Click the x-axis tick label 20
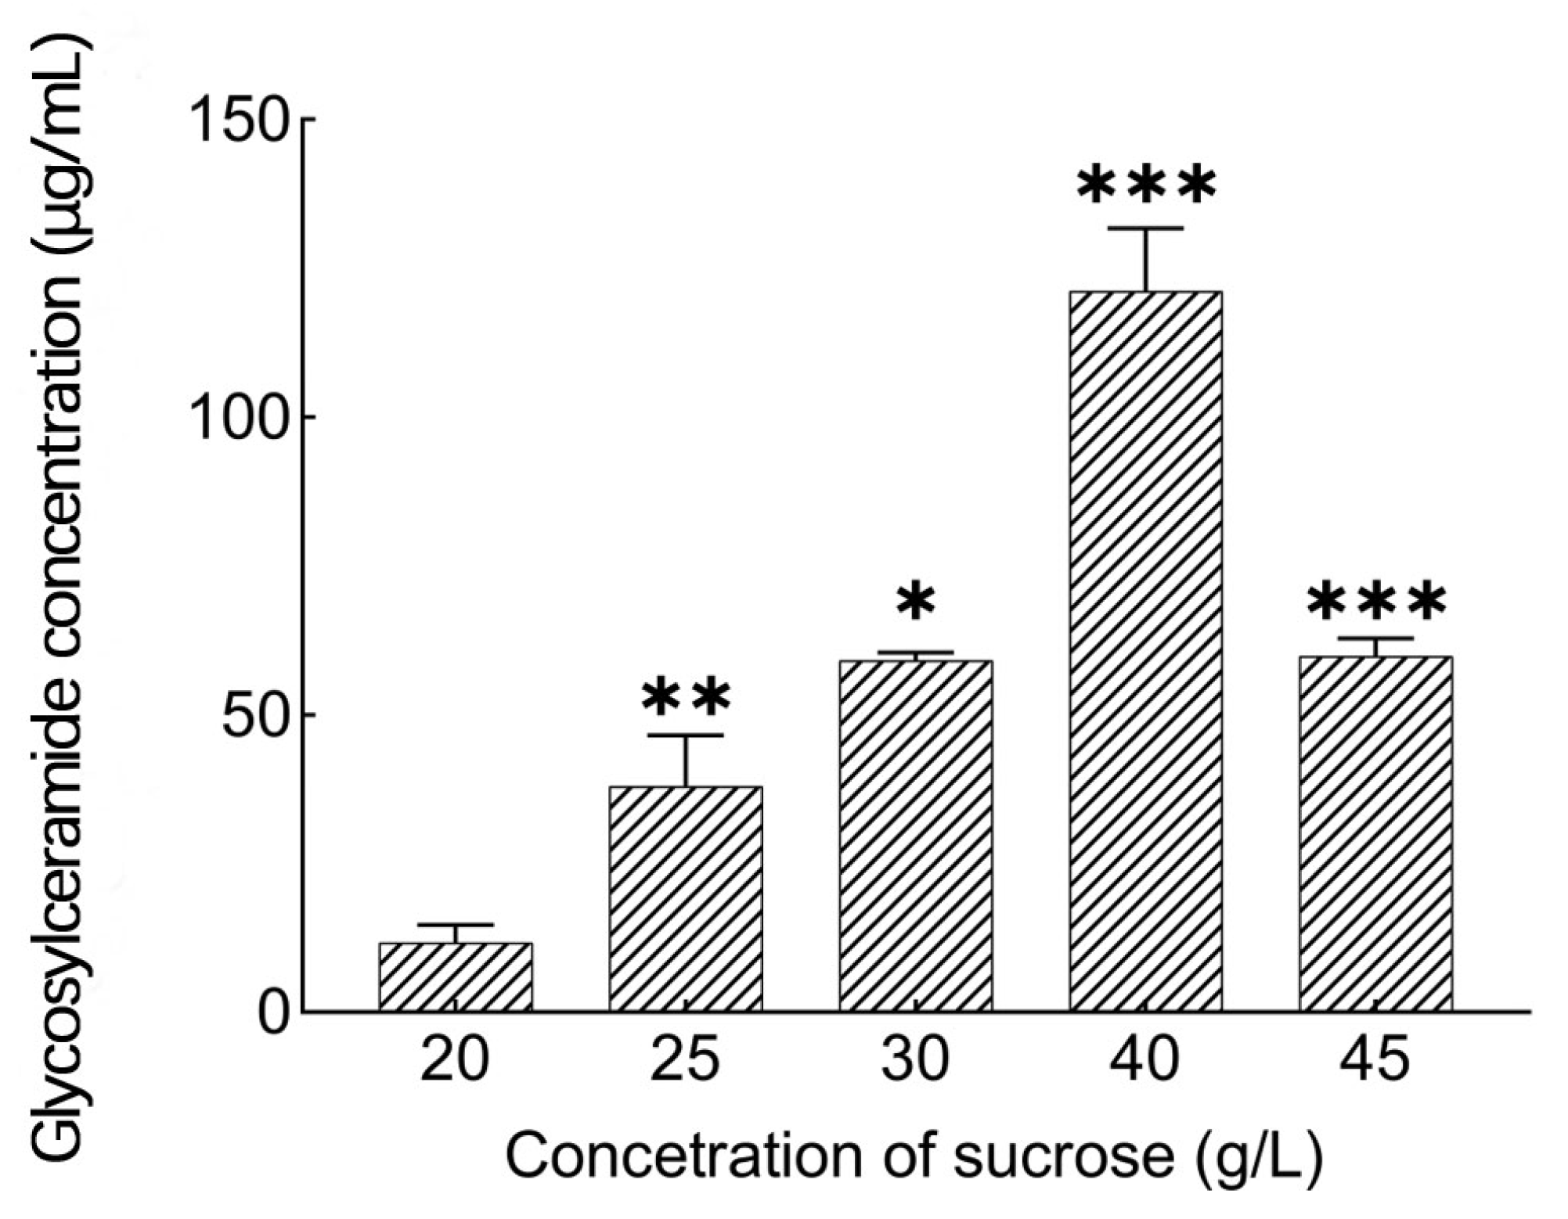pos(455,1060)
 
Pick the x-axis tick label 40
pos(1144,1060)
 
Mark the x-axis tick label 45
pos(1375,1060)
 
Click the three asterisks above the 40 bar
pos(1146,185)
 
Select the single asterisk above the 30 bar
pos(916,602)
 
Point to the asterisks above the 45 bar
pos(1375,602)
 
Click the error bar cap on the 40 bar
pos(1146,228)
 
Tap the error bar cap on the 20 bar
pos(456,925)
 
